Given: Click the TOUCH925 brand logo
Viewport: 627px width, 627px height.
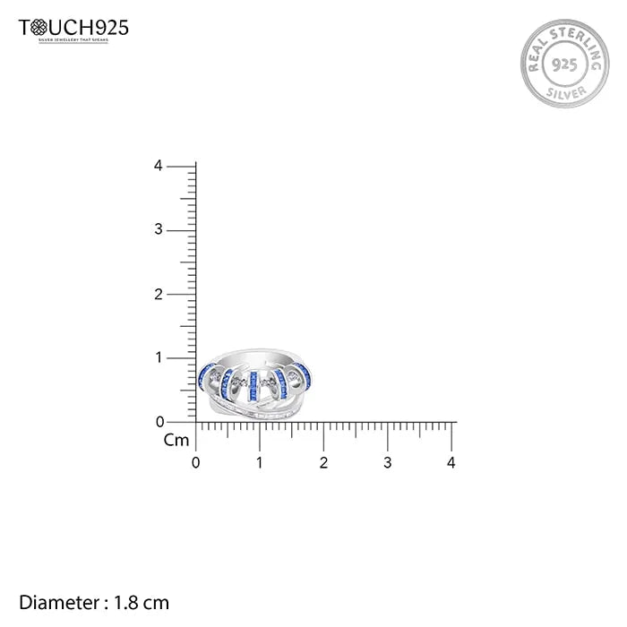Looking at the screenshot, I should coord(73,28).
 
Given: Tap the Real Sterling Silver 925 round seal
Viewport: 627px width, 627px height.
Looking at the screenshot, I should coord(562,65).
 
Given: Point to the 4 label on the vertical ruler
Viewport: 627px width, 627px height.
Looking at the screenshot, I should coord(158,166).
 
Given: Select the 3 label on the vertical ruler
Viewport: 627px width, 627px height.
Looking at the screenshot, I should coord(158,230).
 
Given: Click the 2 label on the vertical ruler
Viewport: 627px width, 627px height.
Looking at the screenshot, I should coord(158,294).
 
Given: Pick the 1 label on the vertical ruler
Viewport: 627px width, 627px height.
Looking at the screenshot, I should coord(159,357).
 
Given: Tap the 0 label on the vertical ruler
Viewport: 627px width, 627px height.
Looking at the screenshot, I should coord(158,421).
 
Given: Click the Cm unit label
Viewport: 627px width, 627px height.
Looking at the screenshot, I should coord(176,440).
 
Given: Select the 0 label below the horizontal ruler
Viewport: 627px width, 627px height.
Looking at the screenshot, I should coord(196,463).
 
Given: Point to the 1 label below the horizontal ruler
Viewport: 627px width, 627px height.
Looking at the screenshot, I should coord(260,463).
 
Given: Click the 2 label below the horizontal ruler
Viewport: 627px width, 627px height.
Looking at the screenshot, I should coord(323,463).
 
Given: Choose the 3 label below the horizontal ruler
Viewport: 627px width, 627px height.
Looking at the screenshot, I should coord(387,463).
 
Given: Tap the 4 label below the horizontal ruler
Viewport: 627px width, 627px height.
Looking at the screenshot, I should coord(451,463).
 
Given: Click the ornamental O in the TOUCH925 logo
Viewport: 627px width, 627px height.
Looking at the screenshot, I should coord(39,28).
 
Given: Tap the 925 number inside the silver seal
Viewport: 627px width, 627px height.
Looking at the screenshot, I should coord(562,65).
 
